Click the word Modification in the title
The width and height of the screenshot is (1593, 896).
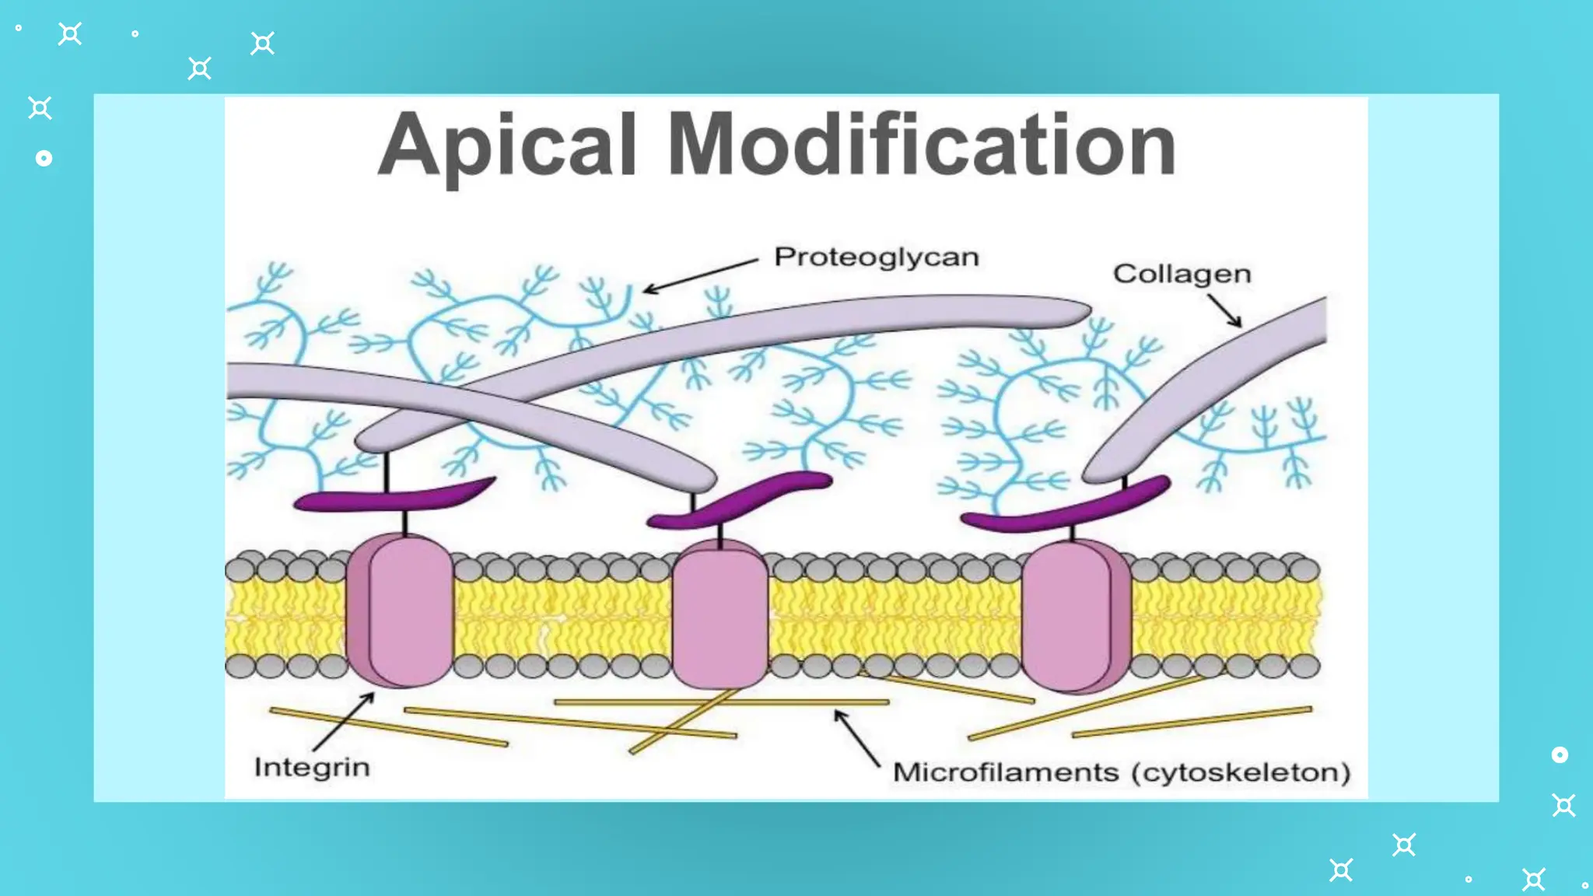[921, 145]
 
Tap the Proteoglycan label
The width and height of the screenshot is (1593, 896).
[876, 257]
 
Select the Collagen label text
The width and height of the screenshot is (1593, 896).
[1182, 274]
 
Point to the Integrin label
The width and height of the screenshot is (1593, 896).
[312, 768]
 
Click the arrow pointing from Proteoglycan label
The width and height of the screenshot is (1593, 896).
[699, 276]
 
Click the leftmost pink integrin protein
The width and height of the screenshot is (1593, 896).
[400, 611]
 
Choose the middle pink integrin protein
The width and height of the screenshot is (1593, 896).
[719, 614]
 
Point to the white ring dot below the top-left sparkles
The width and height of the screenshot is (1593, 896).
[44, 159]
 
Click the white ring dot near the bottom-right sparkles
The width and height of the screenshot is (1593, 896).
[1560, 754]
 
